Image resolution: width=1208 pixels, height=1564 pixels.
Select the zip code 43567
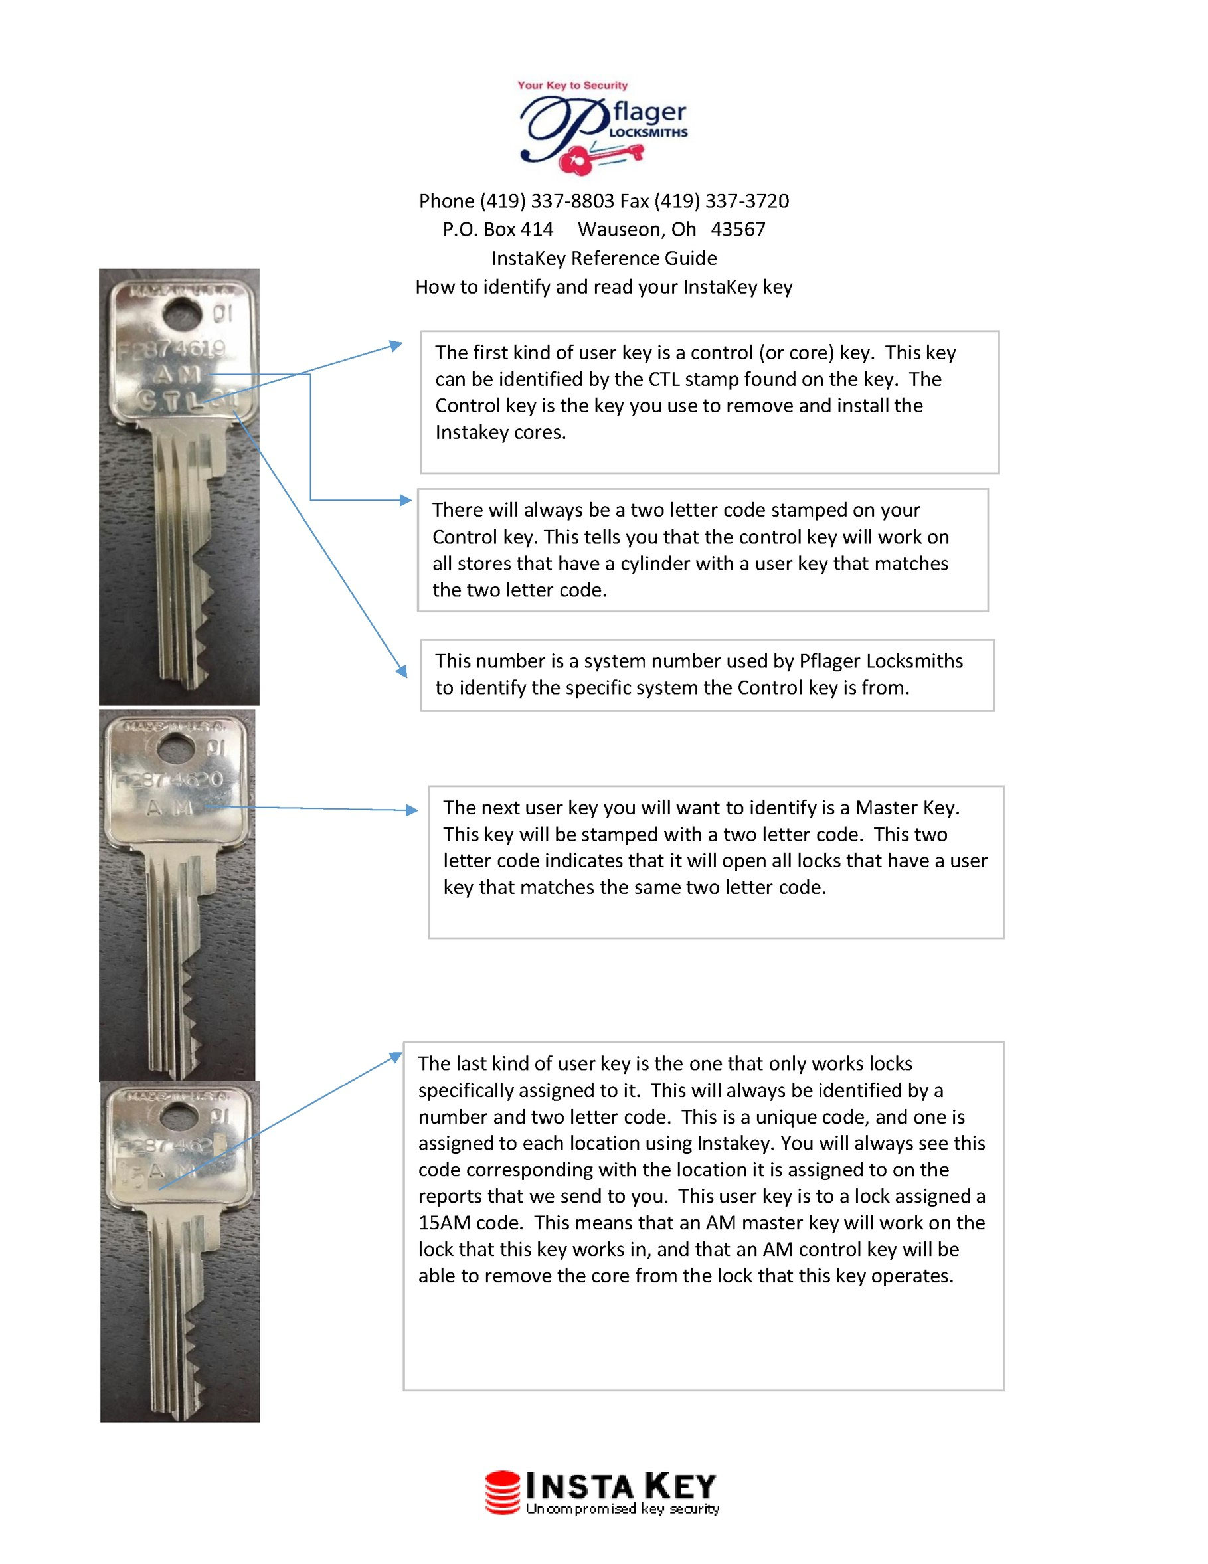(738, 229)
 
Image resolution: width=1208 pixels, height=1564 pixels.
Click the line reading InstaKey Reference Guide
(604, 258)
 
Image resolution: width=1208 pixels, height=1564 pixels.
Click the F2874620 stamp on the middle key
(171, 779)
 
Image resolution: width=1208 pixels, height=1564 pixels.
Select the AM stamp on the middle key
(171, 808)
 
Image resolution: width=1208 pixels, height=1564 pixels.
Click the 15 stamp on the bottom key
(130, 1173)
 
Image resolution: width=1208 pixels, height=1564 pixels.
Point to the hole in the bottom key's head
(182, 1117)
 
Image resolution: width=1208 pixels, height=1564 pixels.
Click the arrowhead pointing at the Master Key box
(412, 810)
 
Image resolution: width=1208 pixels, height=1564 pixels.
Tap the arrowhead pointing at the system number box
(403, 671)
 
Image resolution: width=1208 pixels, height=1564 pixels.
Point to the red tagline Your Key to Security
(572, 85)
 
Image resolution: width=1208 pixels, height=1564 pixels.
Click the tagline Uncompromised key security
(622, 1509)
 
